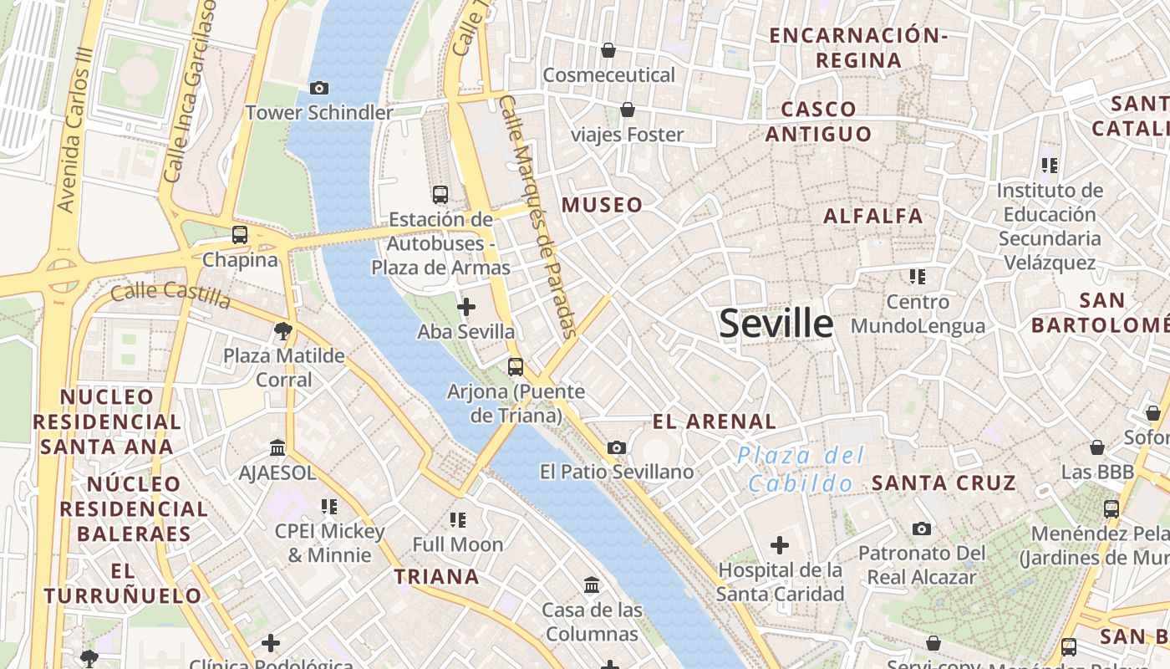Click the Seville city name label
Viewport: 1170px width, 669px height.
tap(776, 324)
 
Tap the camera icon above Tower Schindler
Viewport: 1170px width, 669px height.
tap(318, 88)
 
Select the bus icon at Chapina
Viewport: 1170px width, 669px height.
tap(240, 235)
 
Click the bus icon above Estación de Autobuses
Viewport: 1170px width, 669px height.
tap(440, 195)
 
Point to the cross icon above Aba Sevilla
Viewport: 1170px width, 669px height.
tap(466, 307)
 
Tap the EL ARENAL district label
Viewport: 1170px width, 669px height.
tap(715, 421)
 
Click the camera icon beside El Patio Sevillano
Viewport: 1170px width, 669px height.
tap(617, 447)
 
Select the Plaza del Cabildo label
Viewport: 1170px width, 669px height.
tap(801, 469)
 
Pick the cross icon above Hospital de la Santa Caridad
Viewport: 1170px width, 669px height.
tap(780, 546)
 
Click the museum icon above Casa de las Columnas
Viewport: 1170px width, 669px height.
tap(593, 585)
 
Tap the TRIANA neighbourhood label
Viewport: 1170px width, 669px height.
tap(437, 576)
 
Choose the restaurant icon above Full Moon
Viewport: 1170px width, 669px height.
tap(458, 520)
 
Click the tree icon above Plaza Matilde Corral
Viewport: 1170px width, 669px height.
tap(283, 331)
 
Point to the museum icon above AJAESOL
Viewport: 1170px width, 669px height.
tap(277, 448)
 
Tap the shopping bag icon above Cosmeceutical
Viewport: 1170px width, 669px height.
tap(608, 50)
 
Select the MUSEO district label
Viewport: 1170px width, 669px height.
tap(603, 205)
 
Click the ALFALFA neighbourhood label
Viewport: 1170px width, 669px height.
tap(873, 216)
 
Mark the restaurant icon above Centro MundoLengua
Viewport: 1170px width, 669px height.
tap(918, 276)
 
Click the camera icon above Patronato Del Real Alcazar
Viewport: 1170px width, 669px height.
tap(922, 529)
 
